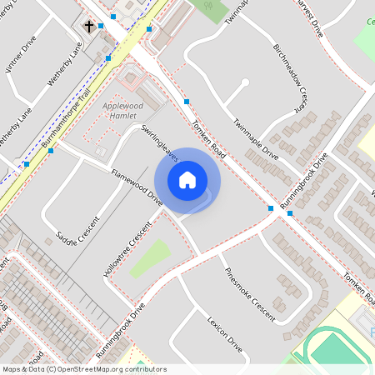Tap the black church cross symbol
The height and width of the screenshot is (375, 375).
click(88, 27)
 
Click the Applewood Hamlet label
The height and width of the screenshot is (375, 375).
click(123, 112)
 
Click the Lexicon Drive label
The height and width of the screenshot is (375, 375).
click(225, 334)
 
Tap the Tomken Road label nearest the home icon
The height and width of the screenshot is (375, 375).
click(208, 138)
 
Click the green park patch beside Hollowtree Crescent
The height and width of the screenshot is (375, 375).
click(148, 257)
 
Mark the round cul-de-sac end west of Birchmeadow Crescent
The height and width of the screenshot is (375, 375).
click(243, 82)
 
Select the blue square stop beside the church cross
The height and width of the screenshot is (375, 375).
click(101, 27)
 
